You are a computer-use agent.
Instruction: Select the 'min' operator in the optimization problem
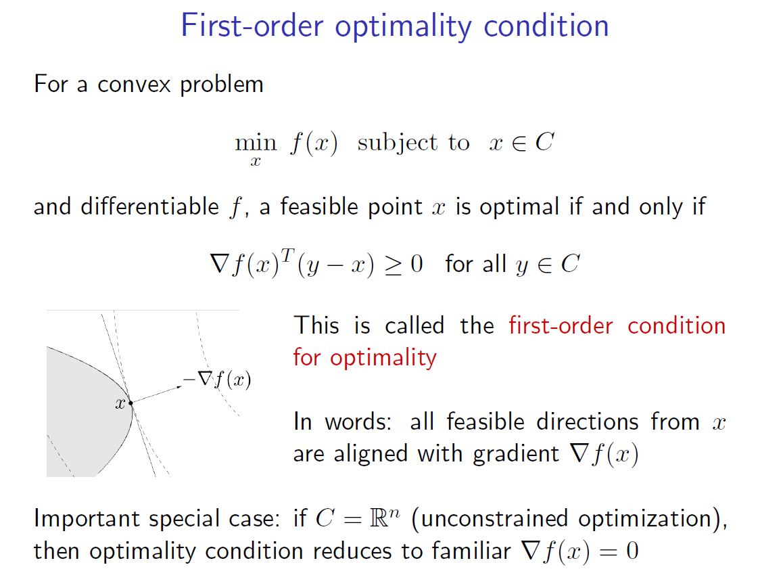click(x=255, y=143)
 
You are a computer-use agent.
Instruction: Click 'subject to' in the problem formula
click(x=413, y=143)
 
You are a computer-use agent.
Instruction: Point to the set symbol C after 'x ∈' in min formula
click(x=544, y=143)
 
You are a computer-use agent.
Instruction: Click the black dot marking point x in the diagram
click(x=130, y=403)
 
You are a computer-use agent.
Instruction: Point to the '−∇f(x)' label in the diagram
click(x=216, y=380)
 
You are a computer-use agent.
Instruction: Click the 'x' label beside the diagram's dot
click(x=120, y=404)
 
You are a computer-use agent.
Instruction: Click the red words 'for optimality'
click(x=364, y=357)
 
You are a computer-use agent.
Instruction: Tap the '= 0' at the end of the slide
click(x=621, y=551)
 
